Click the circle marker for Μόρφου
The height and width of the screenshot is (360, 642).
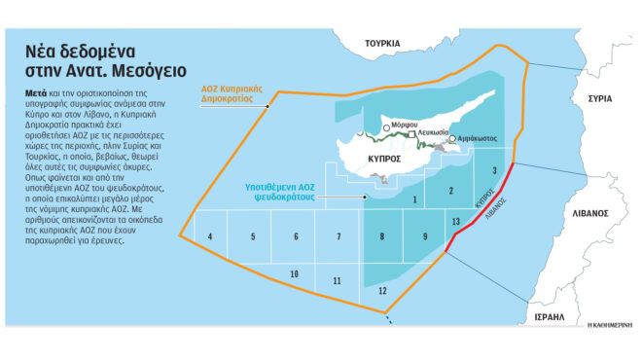point(387,126)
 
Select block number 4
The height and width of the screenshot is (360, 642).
point(209,236)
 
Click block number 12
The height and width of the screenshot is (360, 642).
point(382,291)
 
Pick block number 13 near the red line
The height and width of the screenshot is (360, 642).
point(455,224)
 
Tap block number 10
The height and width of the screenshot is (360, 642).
point(294,275)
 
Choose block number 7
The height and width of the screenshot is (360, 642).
point(339,236)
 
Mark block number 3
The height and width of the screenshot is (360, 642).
point(495,170)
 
